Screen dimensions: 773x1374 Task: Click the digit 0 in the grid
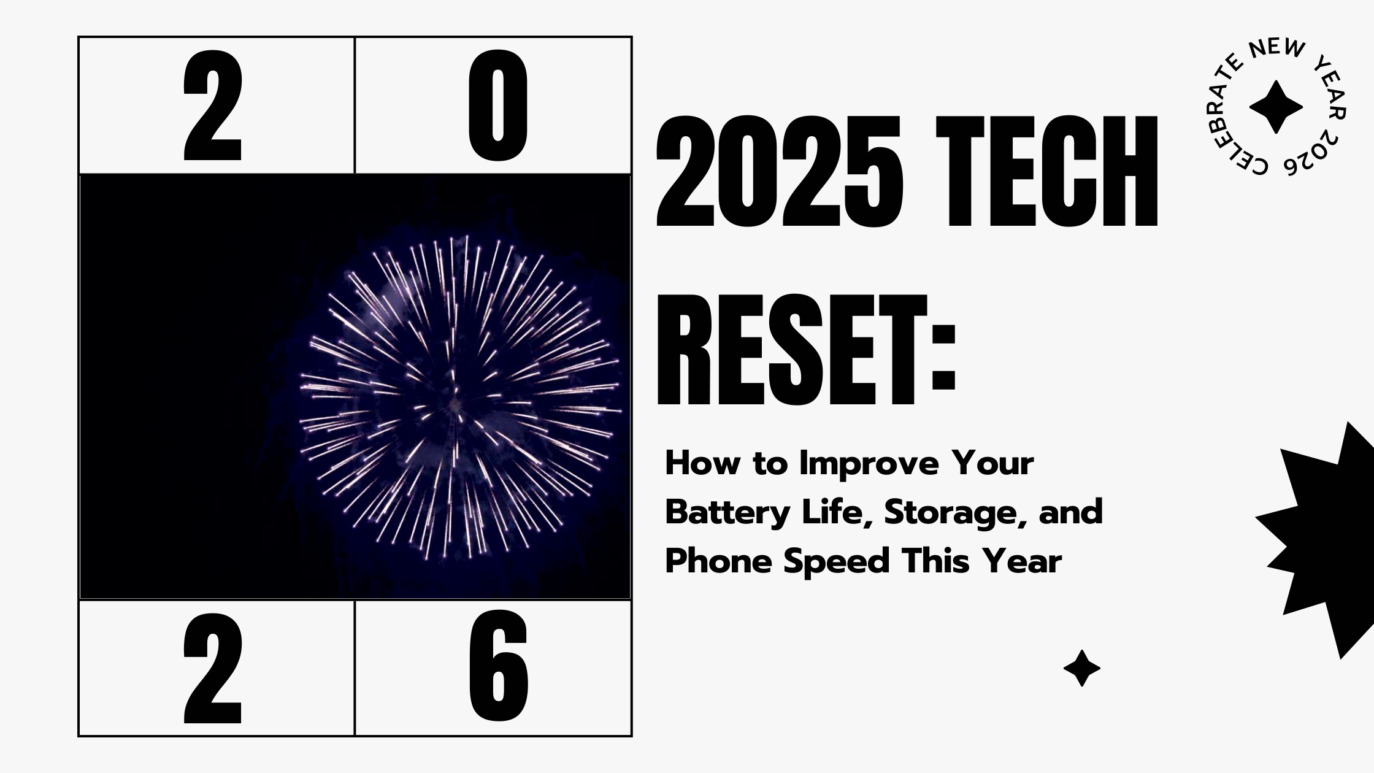pyautogui.click(x=497, y=106)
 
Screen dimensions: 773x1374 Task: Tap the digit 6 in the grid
pyautogui.click(x=497, y=667)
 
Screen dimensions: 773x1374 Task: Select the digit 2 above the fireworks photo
pyautogui.click(x=213, y=106)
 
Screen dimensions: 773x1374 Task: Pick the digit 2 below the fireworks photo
pyautogui.click(x=213, y=667)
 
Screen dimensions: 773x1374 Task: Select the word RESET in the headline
pyautogui.click(x=791, y=350)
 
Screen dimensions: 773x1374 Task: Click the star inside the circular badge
pyautogui.click(x=1276, y=107)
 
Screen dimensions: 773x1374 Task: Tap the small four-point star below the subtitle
pyautogui.click(x=1081, y=668)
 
